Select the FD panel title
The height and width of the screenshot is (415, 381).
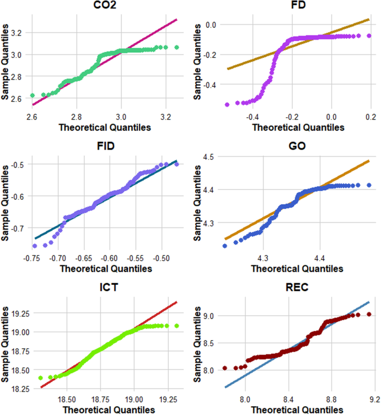[293, 6]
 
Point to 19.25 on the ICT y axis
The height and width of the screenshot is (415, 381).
[14, 313]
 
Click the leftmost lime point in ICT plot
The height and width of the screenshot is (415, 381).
[40, 378]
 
